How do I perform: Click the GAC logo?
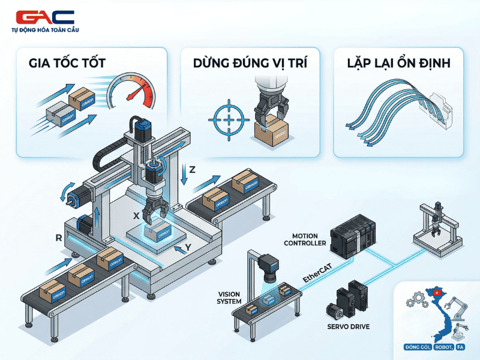click(45, 17)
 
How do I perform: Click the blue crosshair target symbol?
click(227, 118)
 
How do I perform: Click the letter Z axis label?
click(192, 169)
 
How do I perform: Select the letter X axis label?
click(136, 215)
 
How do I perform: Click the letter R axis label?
click(59, 238)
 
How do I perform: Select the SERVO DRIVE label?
click(348, 327)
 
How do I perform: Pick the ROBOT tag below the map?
click(443, 347)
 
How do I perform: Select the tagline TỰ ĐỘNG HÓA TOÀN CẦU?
click(45, 30)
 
